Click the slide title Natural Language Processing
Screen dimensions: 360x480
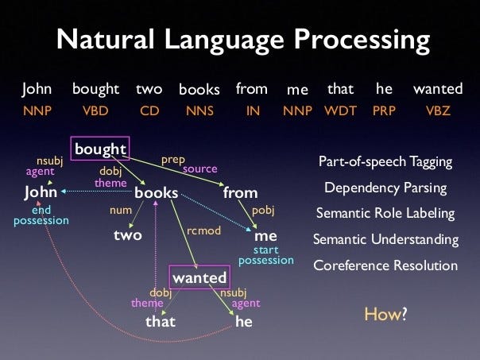239,39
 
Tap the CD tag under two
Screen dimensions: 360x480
149,110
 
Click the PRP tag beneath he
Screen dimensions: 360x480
384,110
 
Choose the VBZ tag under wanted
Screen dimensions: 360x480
438,110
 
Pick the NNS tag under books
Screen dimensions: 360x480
199,110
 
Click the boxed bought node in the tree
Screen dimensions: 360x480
100,149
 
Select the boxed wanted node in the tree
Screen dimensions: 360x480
199,277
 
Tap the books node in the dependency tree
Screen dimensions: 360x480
156,192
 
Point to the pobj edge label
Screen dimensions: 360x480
263,211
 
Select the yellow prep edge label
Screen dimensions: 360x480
173,160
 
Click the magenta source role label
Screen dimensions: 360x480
200,169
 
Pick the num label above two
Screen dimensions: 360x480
119,211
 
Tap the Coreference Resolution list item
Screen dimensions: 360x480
385,265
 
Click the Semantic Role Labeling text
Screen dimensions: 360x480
385,213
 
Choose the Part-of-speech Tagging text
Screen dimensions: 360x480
385,162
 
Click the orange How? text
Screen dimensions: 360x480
385,314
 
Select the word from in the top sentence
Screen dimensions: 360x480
251,90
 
